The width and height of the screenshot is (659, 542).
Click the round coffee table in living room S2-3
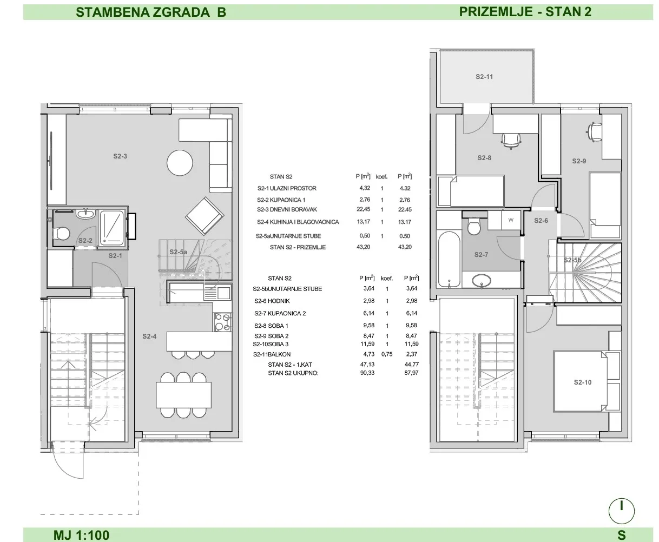pyautogui.click(x=180, y=163)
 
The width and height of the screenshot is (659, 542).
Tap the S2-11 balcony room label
pyautogui.click(x=484, y=76)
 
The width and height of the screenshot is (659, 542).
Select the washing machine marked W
pyautogui.click(x=511, y=220)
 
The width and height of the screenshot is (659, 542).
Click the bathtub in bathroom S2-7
pyautogui.click(x=449, y=259)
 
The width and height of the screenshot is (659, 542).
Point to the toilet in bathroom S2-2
pyautogui.click(x=62, y=233)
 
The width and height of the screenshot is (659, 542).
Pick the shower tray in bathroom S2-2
pyautogui.click(x=112, y=227)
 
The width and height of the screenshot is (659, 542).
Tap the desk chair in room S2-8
pyautogui.click(x=511, y=141)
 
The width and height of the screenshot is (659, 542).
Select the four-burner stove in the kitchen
pyautogui.click(x=223, y=322)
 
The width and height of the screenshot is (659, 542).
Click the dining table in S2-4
pyautogui.click(x=183, y=395)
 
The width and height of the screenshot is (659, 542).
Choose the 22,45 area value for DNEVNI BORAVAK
pyautogui.click(x=363, y=209)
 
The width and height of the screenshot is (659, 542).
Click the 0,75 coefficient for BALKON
pyautogui.click(x=387, y=354)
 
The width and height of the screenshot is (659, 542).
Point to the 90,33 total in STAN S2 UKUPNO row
pyautogui.click(x=367, y=373)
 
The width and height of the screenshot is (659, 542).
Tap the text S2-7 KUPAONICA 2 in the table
pyautogui.click(x=280, y=313)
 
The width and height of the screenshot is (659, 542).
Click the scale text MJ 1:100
pyautogui.click(x=82, y=535)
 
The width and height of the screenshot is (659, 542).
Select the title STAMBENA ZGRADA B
pyautogui.click(x=151, y=12)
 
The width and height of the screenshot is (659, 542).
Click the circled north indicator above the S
pyautogui.click(x=622, y=511)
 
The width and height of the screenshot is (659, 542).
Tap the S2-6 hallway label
pyautogui.click(x=541, y=221)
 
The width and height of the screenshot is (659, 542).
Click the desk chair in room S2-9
pyautogui.click(x=594, y=132)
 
